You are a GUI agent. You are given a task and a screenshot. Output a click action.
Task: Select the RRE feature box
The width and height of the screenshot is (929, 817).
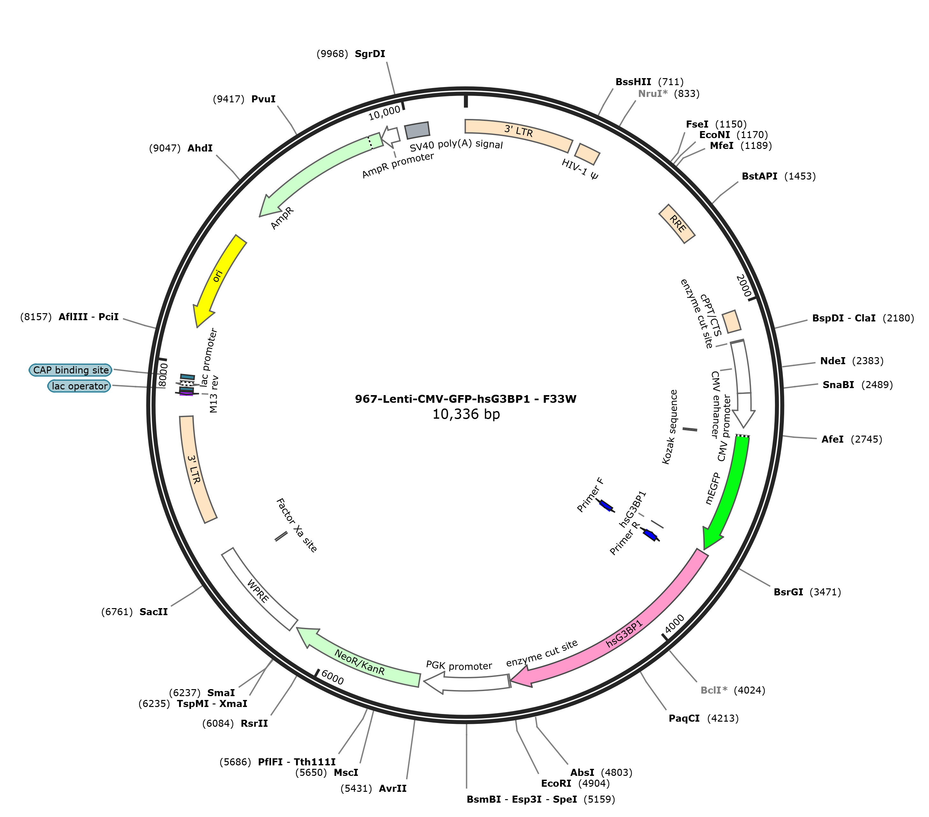pyautogui.click(x=677, y=224)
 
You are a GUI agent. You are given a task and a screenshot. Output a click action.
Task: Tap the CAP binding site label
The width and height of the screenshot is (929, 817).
pyautogui.click(x=71, y=370)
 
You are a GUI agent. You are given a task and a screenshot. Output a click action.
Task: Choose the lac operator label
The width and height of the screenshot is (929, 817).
pyautogui.click(x=79, y=386)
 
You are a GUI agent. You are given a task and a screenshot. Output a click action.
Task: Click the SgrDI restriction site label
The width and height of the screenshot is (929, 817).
pyautogui.click(x=370, y=54)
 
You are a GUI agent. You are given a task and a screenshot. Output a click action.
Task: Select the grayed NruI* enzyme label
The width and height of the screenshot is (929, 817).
pyautogui.click(x=653, y=94)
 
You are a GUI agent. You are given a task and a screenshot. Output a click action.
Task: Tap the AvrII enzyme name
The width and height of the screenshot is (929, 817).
pyautogui.click(x=393, y=788)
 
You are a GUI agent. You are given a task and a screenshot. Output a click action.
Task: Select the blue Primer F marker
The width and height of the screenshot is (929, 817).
pyautogui.click(x=606, y=505)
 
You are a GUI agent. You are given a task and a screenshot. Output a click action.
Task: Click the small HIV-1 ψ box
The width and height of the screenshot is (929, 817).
pyautogui.click(x=588, y=154)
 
